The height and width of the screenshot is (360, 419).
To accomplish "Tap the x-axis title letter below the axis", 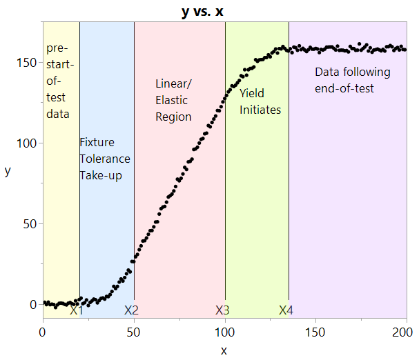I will pos(224,350).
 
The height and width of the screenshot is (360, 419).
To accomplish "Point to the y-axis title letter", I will pos(8,171).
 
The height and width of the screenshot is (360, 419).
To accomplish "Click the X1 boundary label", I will pos(77,310).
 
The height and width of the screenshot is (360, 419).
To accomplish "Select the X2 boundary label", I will pos(131,310).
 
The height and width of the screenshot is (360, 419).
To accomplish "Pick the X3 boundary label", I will pos(222,310).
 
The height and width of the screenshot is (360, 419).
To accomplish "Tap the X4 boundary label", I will pos(286,310).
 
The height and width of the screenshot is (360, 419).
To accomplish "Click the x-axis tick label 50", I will pos(134,333).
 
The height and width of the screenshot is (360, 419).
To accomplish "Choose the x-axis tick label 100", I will pos(225,333).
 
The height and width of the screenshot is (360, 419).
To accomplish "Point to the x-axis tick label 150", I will pos(315,333).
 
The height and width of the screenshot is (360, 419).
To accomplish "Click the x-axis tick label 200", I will pos(406,333).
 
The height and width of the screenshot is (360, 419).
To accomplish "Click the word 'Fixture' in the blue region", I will pos(97,143).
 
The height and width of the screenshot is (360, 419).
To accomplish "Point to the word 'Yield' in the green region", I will pos(252,93).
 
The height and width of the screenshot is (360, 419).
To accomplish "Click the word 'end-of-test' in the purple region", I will pos(344,89).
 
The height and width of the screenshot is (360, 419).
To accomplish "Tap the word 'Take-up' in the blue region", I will pos(101,176).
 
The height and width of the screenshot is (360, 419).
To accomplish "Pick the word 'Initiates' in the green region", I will pos(260,110).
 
